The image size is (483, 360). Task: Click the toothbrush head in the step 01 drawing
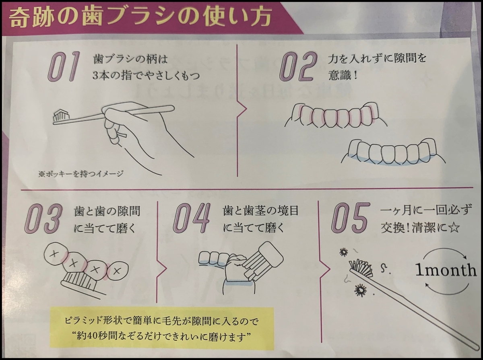coord(61,115)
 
